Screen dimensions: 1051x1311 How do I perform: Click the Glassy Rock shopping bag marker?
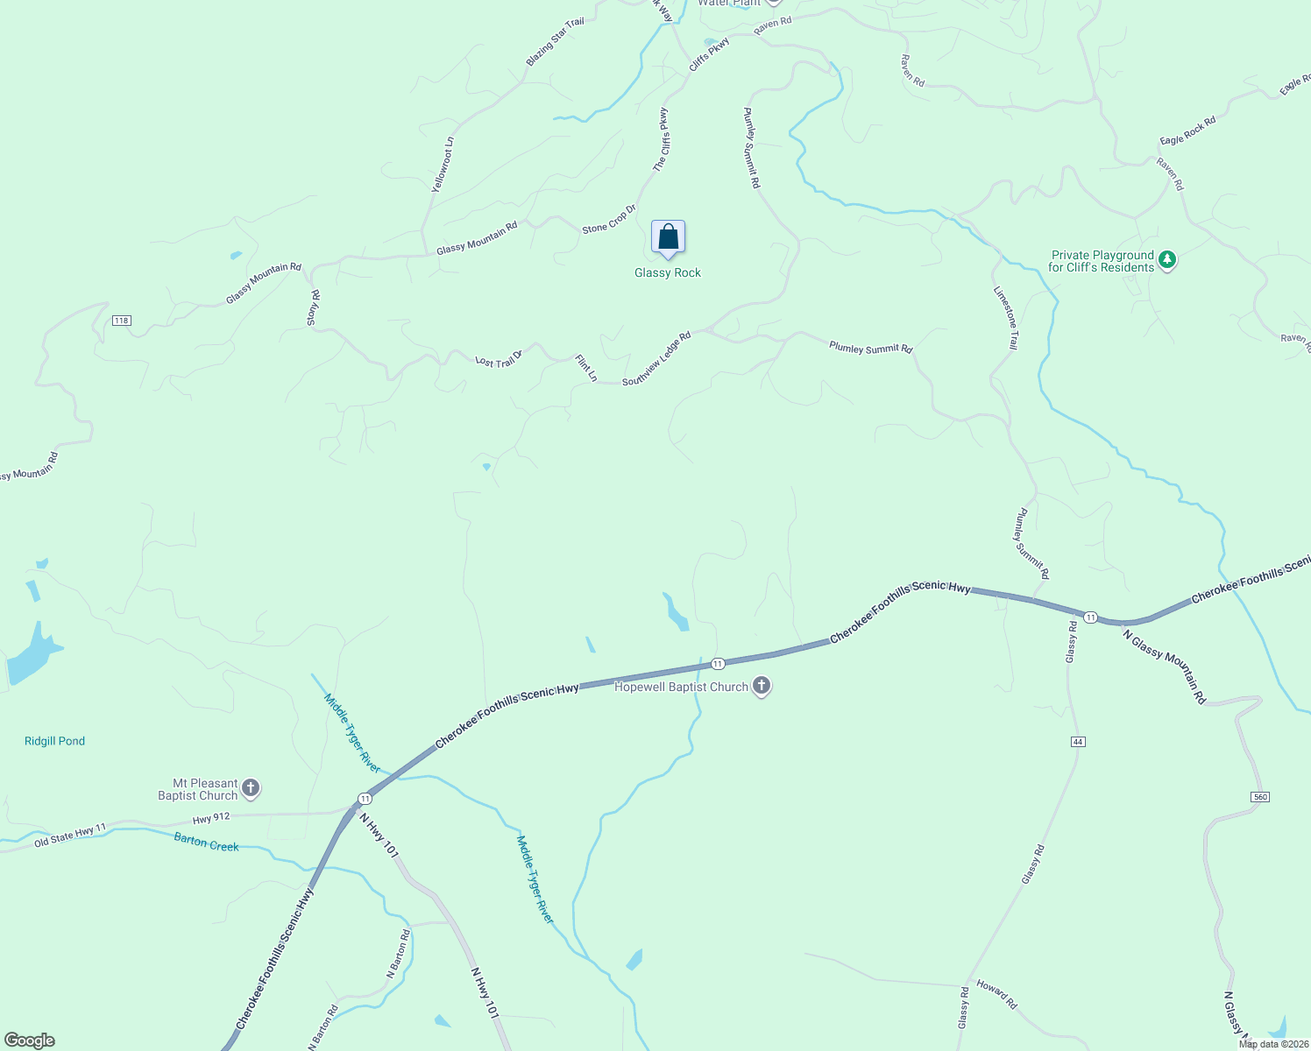(x=668, y=237)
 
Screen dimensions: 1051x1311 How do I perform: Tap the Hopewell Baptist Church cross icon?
(x=762, y=687)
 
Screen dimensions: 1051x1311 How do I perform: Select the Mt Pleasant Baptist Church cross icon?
(x=251, y=789)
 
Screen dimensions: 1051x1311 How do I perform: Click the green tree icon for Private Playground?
(x=1166, y=260)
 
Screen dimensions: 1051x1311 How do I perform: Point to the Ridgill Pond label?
(x=54, y=741)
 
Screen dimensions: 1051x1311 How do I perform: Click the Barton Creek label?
(x=206, y=843)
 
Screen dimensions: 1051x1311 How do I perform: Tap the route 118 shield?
(x=121, y=321)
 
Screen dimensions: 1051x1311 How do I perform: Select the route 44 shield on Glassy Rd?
(x=1078, y=742)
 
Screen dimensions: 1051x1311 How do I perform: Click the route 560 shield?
(x=1260, y=797)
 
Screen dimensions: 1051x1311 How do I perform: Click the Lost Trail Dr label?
(x=499, y=360)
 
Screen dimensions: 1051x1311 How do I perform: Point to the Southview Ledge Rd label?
(x=656, y=359)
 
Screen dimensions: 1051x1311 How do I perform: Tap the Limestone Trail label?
(x=1005, y=318)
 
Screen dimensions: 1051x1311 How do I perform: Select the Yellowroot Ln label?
(x=443, y=165)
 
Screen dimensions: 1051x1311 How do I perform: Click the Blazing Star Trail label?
(x=555, y=42)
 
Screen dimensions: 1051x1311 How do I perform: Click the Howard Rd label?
(x=996, y=995)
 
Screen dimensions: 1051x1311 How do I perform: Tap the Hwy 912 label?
(x=211, y=818)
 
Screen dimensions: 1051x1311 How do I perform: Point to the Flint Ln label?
(x=586, y=368)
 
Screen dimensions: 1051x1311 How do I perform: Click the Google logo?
(x=30, y=1040)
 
